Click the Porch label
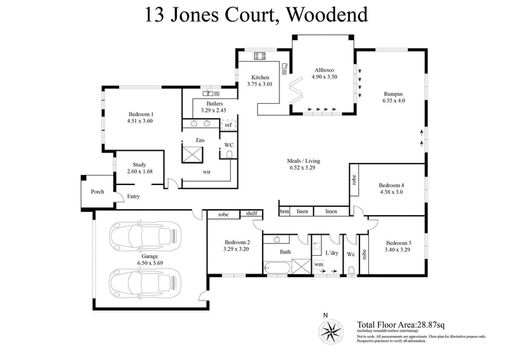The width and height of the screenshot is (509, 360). [97, 191]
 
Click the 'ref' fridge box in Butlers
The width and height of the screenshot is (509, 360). [228, 125]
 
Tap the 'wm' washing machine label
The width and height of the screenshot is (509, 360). [318, 263]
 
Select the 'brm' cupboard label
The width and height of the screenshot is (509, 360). [284, 211]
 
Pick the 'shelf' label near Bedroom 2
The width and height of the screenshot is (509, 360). [252, 214]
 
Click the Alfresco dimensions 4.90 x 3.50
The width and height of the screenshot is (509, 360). [324, 76]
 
